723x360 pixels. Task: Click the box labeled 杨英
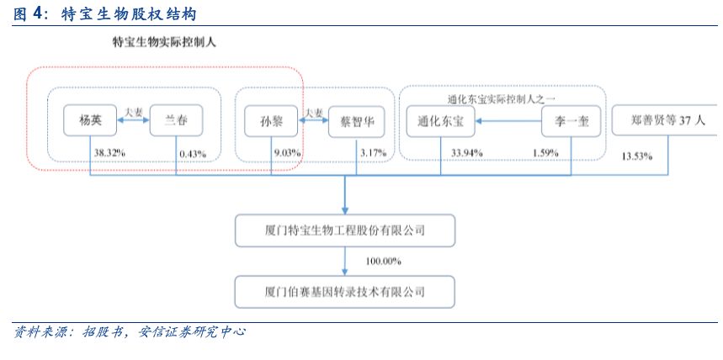(90, 120)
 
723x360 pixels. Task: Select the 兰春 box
(176, 120)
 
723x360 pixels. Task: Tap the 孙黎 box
(271, 120)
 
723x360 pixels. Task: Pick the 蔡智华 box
(357, 120)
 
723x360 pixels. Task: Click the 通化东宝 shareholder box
(440, 120)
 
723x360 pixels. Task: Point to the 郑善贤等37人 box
(666, 120)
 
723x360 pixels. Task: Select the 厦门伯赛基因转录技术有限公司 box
(346, 293)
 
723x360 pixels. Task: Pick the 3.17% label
(373, 153)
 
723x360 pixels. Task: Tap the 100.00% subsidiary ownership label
(383, 262)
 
